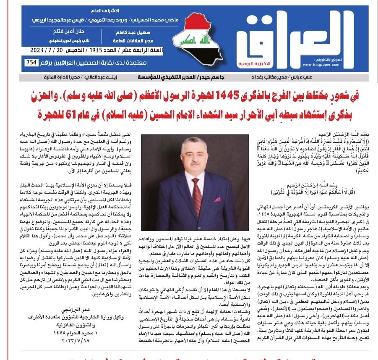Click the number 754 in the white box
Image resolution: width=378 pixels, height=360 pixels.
31,63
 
